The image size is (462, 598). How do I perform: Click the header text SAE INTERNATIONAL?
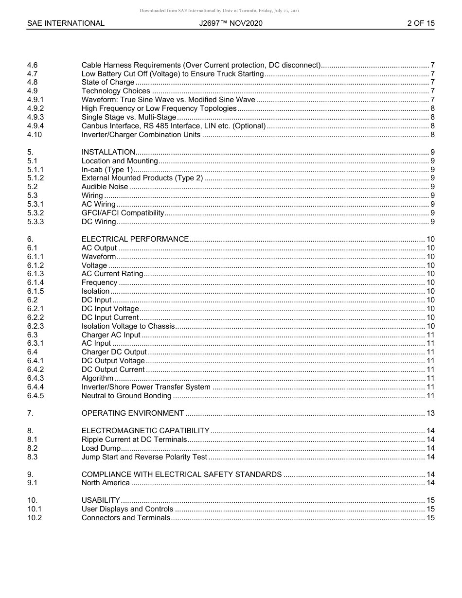(66, 23)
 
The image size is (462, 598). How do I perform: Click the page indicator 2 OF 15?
(421, 23)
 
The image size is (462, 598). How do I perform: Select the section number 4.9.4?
(36, 126)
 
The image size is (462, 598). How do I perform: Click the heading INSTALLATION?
(108, 152)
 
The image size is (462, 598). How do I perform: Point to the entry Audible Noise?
(105, 187)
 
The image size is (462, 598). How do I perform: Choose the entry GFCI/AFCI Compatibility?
(123, 213)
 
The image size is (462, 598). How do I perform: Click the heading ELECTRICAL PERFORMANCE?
(135, 239)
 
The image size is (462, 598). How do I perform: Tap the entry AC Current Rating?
(112, 274)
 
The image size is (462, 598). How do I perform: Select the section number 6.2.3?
(36, 326)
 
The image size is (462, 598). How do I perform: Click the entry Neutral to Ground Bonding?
(126, 396)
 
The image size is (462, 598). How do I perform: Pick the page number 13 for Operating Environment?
(430, 413)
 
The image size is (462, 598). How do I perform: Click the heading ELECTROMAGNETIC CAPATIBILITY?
(145, 431)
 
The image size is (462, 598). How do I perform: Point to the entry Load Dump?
(101, 448)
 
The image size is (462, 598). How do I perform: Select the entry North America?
(106, 483)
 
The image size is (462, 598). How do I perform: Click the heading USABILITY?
(101, 500)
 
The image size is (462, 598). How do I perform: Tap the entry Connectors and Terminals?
(125, 518)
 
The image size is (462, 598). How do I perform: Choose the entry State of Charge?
(107, 82)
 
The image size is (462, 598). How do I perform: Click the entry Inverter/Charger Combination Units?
(141, 135)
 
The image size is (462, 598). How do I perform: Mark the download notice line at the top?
(219, 10)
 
